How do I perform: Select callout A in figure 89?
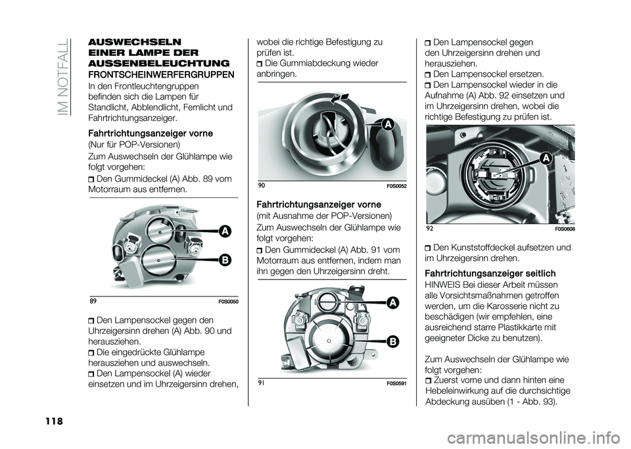coord(225,230)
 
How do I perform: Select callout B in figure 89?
coord(225,260)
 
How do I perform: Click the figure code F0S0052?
coord(394,186)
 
